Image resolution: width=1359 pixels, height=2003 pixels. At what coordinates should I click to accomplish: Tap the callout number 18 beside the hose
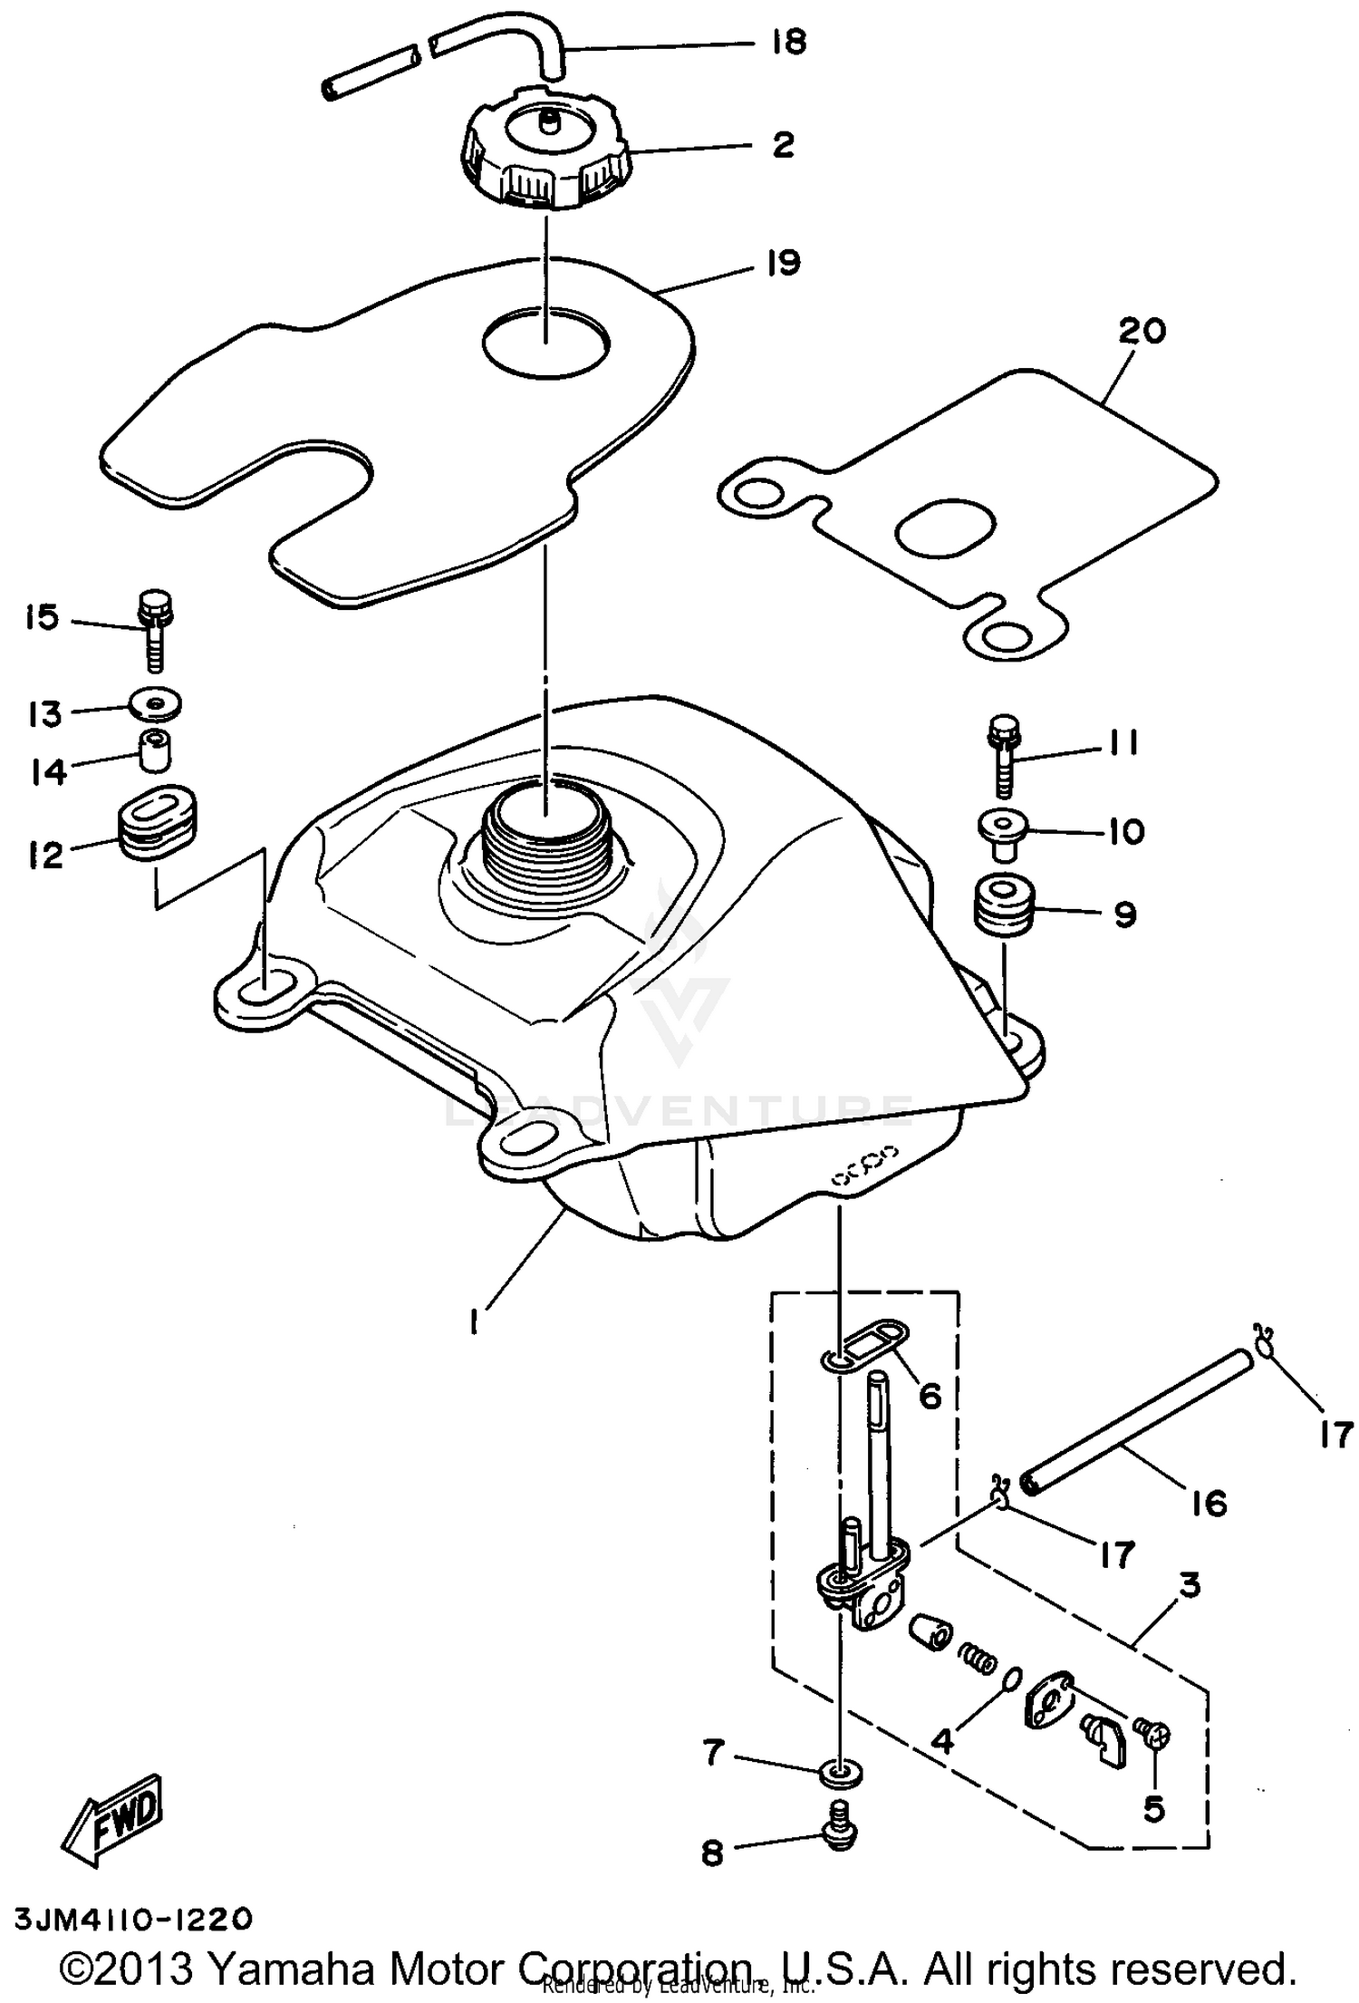[x=790, y=43]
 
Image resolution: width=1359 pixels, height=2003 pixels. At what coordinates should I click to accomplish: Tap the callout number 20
[x=1142, y=332]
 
